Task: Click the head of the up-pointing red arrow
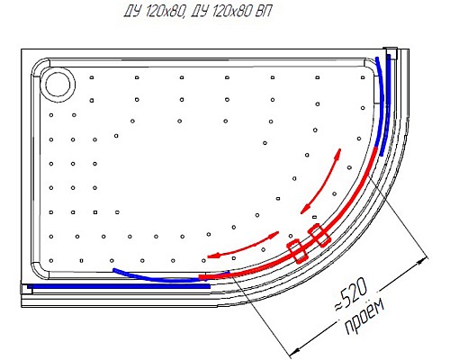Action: pos(339,152)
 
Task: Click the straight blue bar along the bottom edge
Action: pos(117,286)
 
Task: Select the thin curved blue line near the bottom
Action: pos(153,276)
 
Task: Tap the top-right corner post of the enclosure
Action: pos(391,51)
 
